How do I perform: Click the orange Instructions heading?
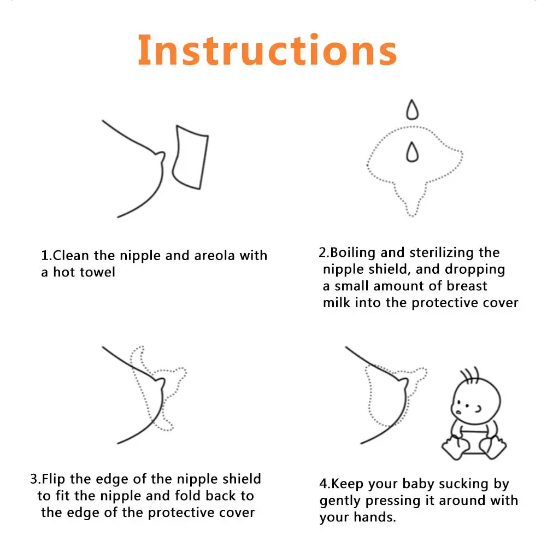tap(267, 50)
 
